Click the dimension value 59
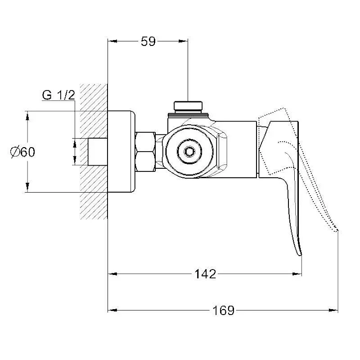[148, 41]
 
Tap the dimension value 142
[205, 274]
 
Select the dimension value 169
[223, 310]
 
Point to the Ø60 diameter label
[23, 152]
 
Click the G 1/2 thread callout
[58, 95]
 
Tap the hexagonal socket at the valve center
[189, 152]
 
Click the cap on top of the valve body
[188, 105]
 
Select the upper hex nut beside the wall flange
[145, 142]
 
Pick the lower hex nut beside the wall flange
[145, 162]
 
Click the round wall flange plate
[121, 152]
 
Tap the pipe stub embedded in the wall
[98, 152]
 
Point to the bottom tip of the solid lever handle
[301, 255]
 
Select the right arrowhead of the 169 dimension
[333, 310]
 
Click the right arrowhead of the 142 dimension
[297, 274]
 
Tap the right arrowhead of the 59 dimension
[183, 41]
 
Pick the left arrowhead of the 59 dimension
[112, 41]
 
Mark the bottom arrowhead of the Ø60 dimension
[27, 187]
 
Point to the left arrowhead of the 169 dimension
[112, 310]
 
